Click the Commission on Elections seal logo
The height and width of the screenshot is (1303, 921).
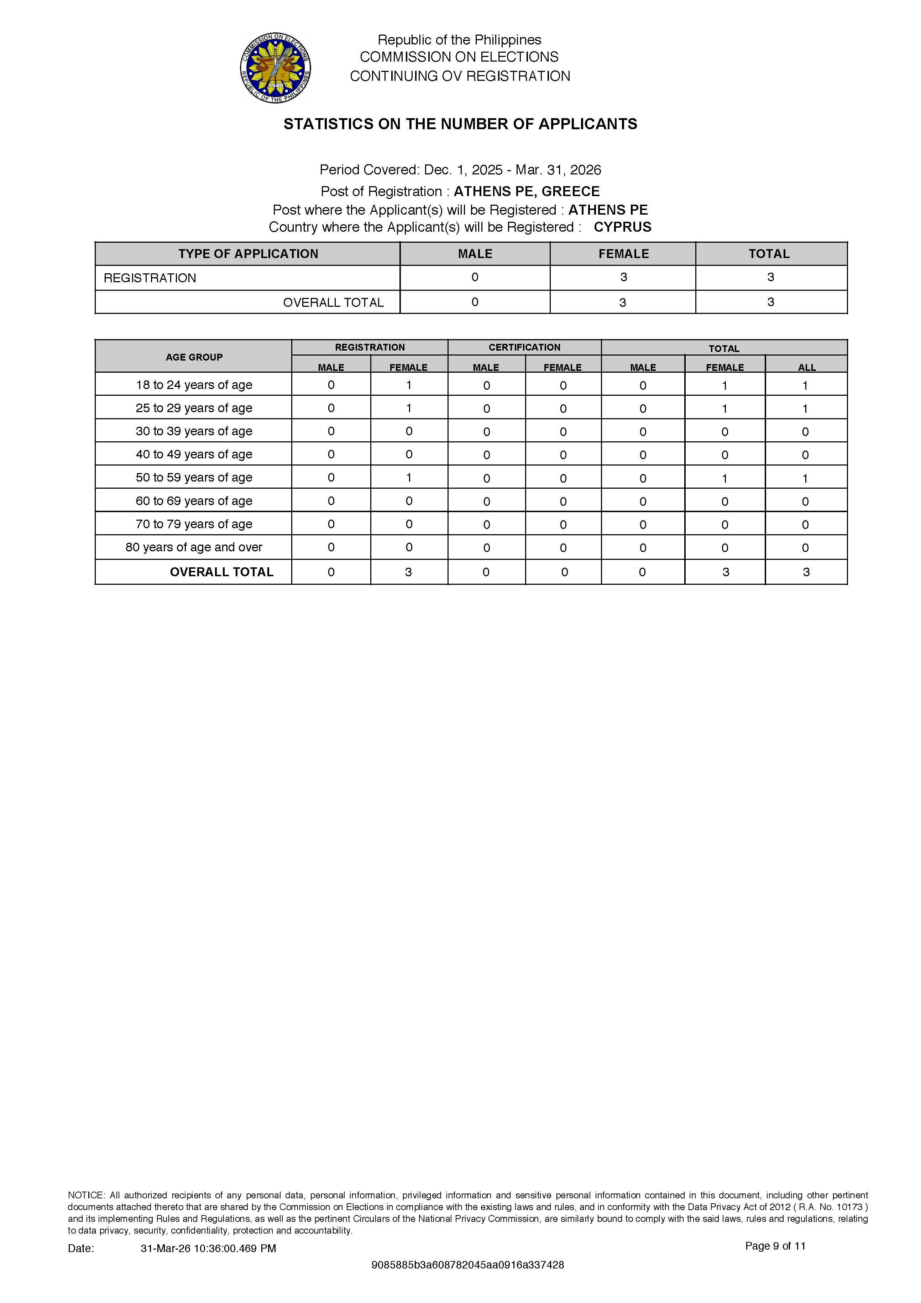[276, 68]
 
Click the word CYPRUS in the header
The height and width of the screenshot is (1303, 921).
[622, 227]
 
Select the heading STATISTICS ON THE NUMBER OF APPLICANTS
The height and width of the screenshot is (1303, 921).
[460, 124]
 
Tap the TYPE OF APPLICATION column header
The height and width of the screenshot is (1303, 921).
[248, 254]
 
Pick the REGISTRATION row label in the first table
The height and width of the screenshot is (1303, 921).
[150, 278]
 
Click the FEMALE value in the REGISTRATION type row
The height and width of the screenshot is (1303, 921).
[623, 278]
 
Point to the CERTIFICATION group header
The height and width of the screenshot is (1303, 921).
[524, 347]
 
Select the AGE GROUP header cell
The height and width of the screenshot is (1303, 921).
[194, 357]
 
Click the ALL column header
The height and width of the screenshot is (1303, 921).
[806, 367]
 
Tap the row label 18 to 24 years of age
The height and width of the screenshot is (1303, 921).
[194, 385]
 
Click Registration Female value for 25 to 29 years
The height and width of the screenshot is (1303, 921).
[409, 408]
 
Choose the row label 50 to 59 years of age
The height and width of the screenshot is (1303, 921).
[194, 477]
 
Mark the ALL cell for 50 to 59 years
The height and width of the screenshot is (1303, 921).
[805, 478]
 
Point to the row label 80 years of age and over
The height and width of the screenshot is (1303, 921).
[194, 547]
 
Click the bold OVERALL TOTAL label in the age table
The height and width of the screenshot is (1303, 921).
[221, 572]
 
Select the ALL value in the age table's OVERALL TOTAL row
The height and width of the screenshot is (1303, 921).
[806, 572]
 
